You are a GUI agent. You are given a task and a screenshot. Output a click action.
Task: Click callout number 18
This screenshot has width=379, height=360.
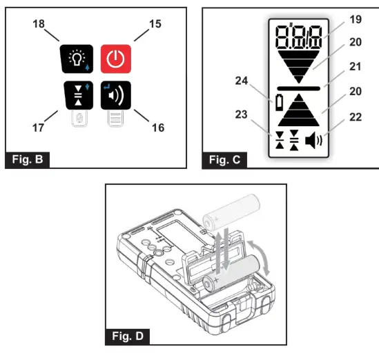tap(40, 24)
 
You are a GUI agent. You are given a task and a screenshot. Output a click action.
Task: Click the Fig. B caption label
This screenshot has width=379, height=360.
tap(28, 160)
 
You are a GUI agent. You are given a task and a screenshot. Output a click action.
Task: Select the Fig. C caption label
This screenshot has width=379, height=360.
tap(225, 160)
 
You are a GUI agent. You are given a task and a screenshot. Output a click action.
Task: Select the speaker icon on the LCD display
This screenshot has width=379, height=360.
tap(313, 142)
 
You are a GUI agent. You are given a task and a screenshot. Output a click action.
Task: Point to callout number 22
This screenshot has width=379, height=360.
tap(355, 117)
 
